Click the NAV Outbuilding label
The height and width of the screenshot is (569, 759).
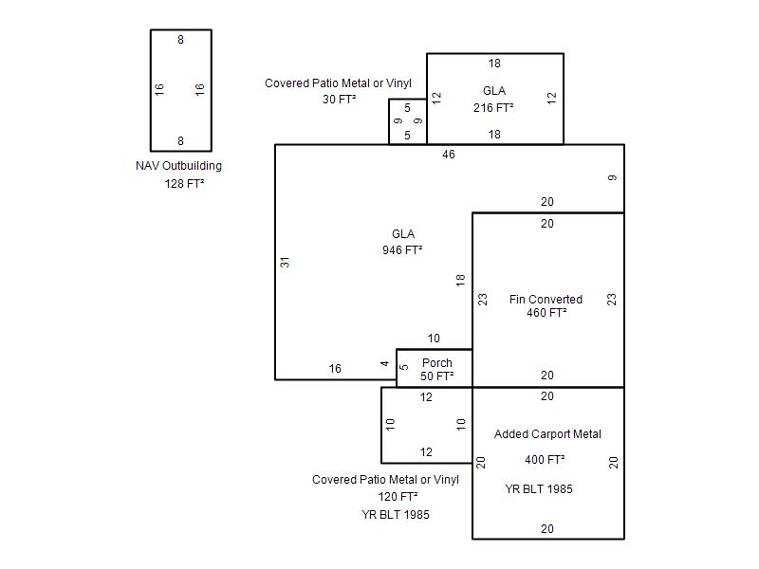point(178,166)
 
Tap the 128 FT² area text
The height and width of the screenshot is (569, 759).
point(184,183)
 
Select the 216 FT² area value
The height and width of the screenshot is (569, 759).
point(493,107)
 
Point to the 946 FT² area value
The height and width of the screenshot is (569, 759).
point(402,249)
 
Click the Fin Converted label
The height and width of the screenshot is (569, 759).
point(546,300)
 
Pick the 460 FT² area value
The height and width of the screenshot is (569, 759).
point(546,313)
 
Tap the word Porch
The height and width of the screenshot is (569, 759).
point(437,362)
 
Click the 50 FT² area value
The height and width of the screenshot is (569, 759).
point(437,376)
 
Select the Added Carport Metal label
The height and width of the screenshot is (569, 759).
point(547,434)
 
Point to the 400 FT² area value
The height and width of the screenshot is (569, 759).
point(545,459)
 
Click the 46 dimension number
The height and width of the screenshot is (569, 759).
point(449,155)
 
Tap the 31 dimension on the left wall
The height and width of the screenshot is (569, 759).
point(285,263)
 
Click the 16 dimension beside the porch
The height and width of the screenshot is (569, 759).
point(335,369)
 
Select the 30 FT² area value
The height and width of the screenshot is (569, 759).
point(340,100)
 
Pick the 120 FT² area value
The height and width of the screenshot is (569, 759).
point(398,496)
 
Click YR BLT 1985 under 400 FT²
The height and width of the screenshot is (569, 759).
point(539,489)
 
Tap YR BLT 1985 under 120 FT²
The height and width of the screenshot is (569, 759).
point(396,515)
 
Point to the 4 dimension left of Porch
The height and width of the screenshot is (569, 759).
point(385,363)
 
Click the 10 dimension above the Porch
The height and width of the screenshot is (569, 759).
point(434,339)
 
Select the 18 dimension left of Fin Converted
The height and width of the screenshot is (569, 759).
point(460,280)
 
